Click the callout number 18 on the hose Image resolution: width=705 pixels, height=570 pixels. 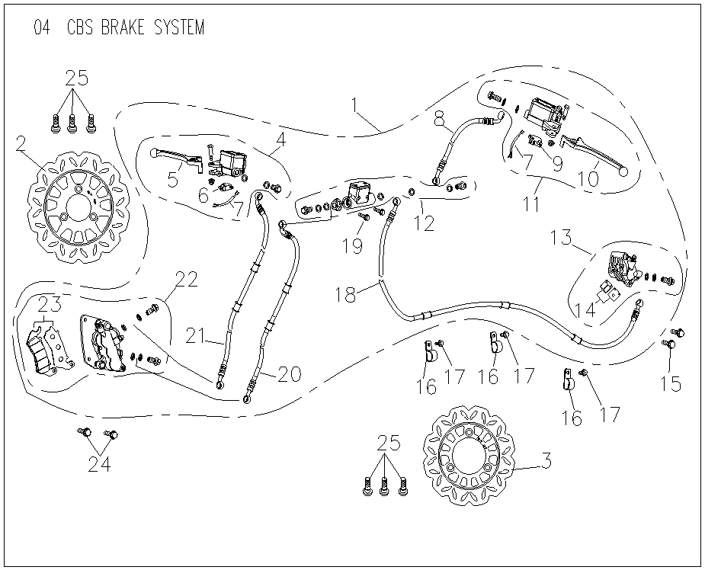point(347,294)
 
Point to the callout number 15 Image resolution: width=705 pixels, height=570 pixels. point(671,383)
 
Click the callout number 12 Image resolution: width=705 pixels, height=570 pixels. point(424,223)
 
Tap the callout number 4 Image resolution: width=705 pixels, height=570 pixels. point(280,140)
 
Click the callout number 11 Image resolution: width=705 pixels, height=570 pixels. point(530,203)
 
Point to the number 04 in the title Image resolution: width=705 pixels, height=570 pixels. point(43,28)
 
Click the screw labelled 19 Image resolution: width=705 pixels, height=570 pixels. point(364,218)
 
